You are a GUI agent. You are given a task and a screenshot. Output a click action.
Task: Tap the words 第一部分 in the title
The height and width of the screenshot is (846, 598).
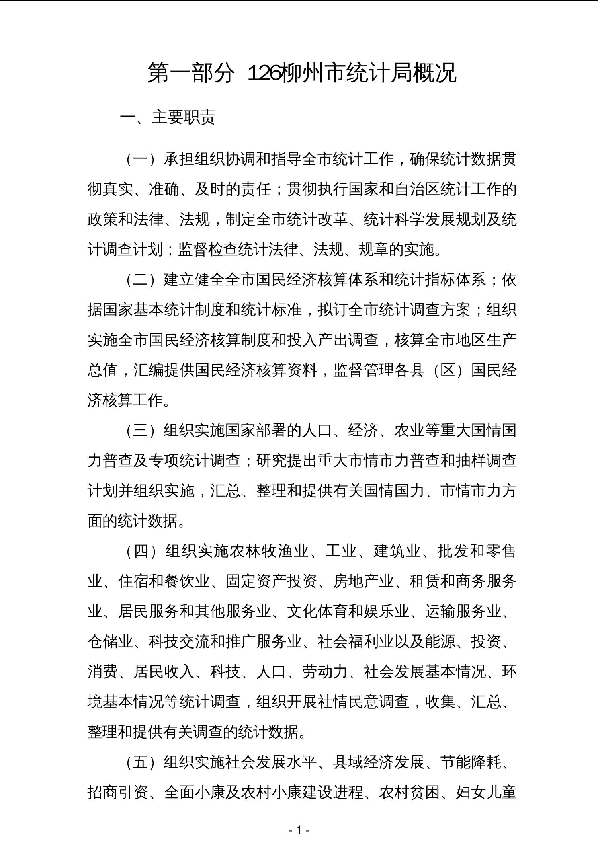191,73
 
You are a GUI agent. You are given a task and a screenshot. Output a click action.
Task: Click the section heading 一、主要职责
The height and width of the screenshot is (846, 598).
168,117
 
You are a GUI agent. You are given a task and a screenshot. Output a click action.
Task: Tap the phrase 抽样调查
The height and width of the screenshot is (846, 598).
486,461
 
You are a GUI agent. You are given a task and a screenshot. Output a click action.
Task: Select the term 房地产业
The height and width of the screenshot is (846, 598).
363,581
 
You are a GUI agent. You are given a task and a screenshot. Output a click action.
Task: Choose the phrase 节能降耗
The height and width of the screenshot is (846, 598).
471,762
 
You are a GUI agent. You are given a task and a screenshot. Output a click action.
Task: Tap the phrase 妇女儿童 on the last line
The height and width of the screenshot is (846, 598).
486,792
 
